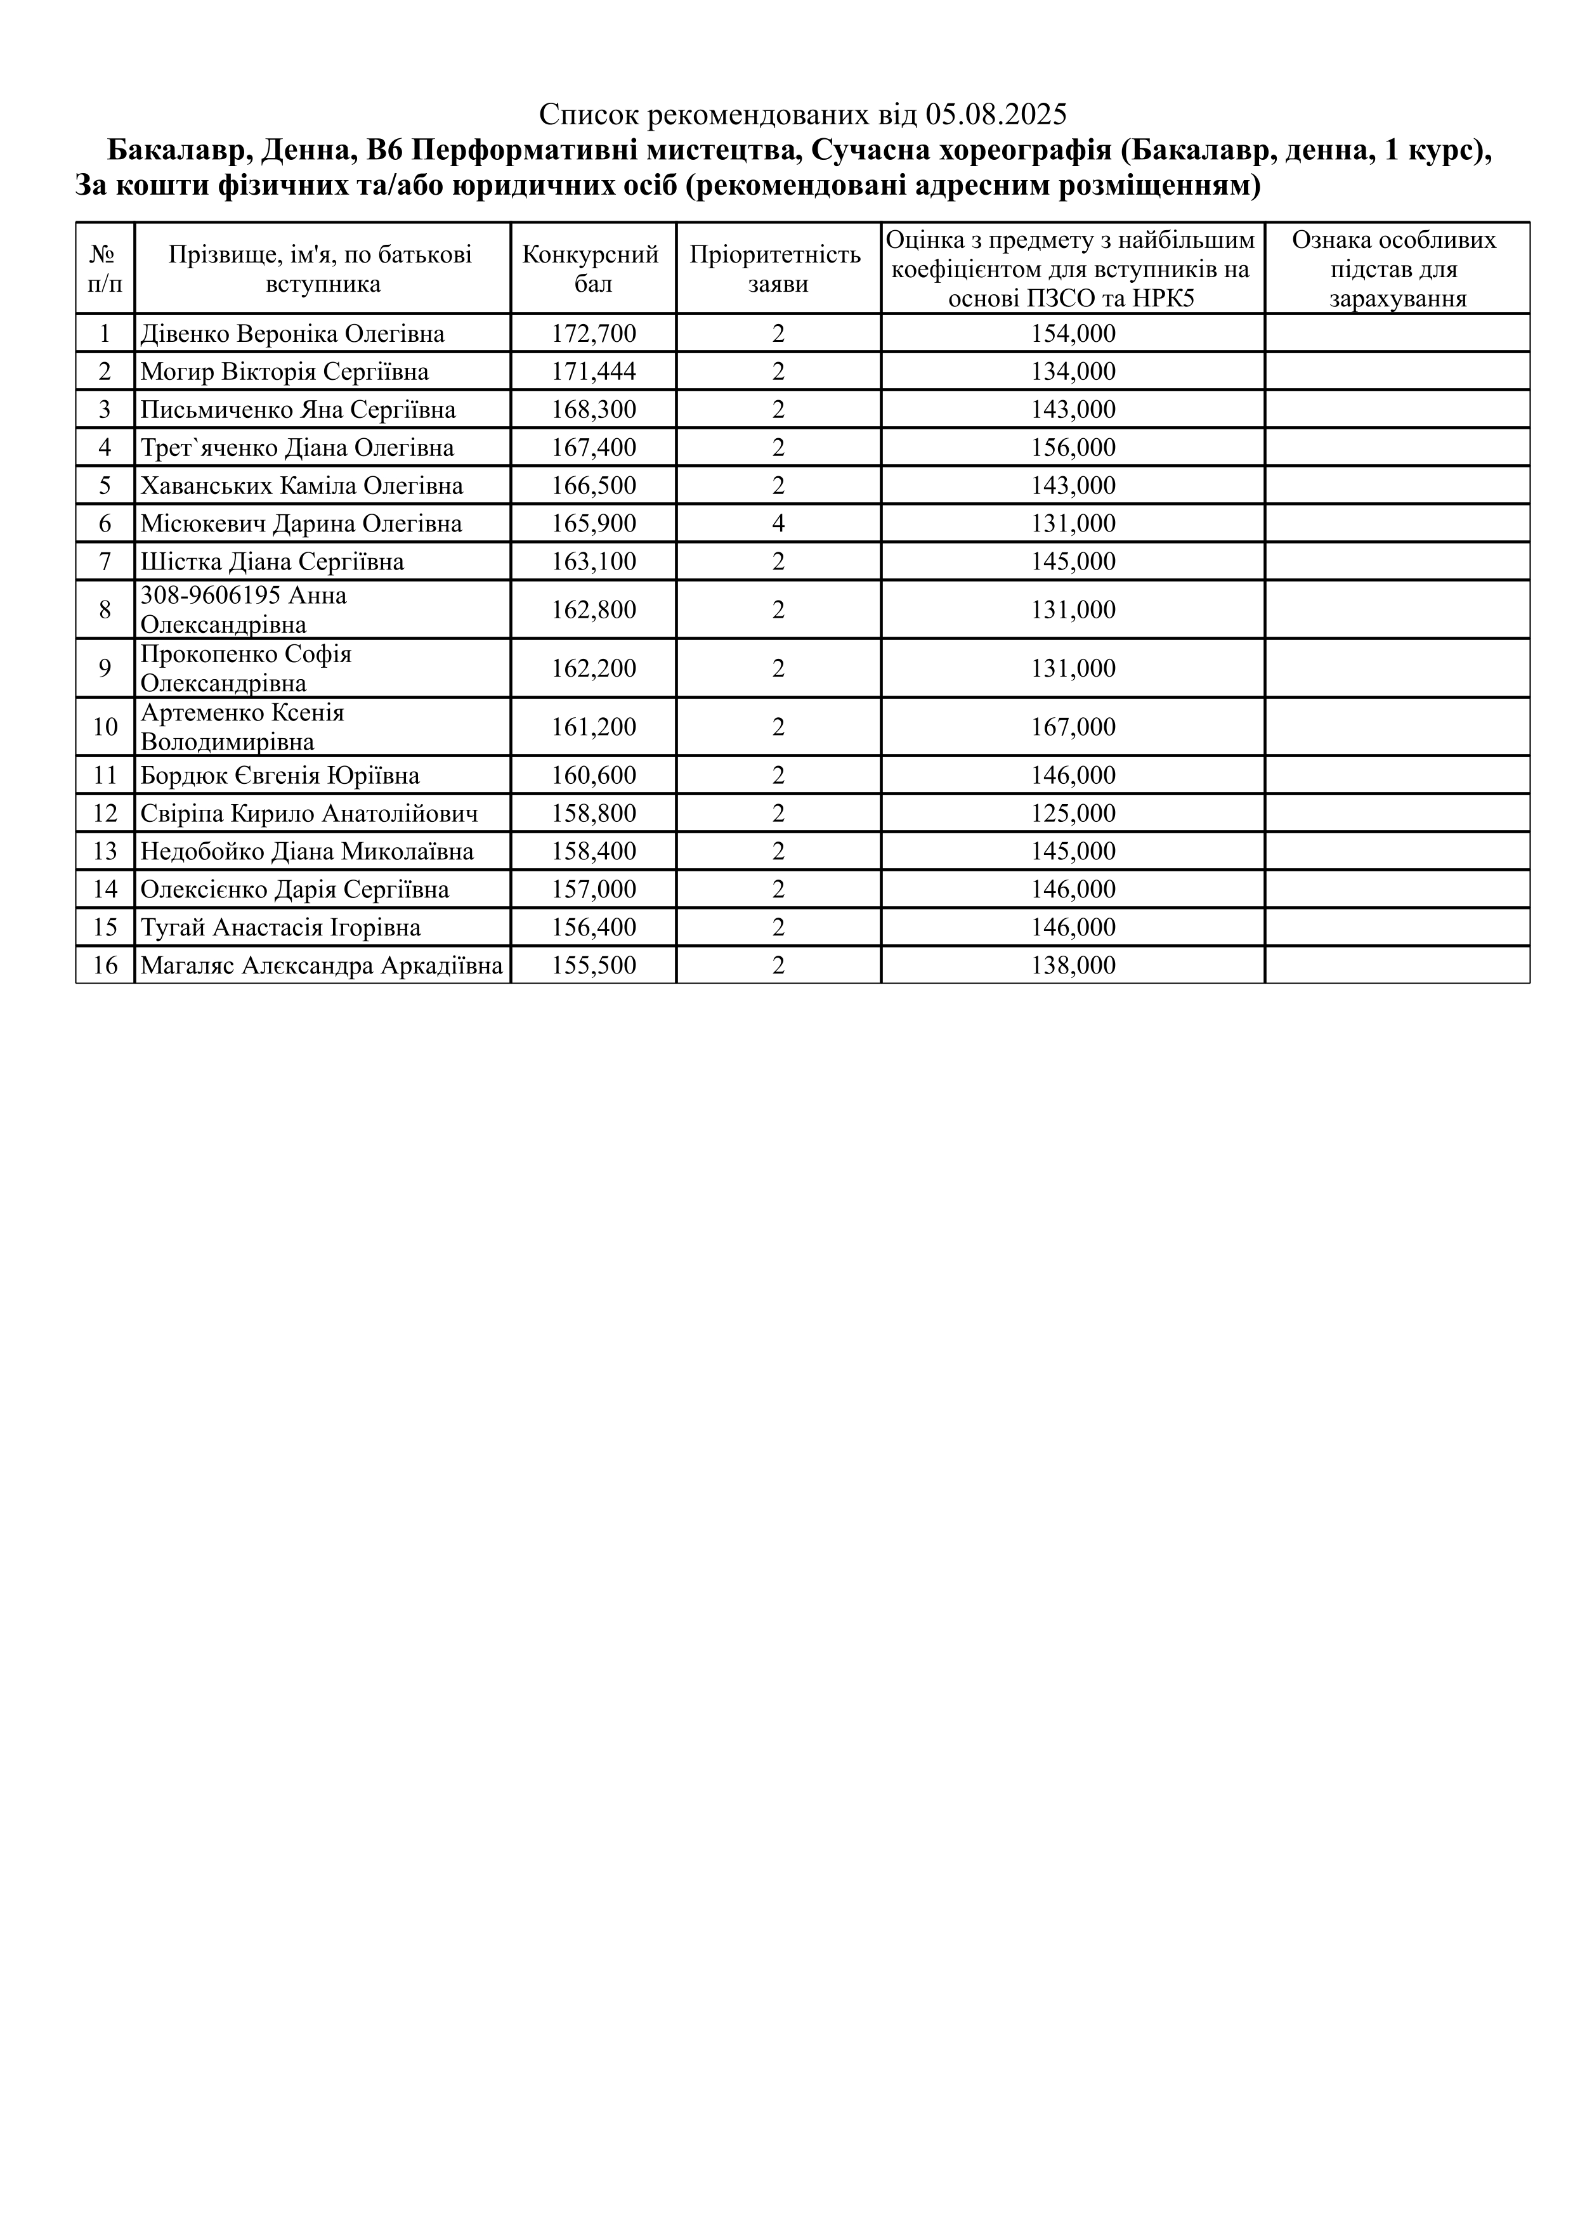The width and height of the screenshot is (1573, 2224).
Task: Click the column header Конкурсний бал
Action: (x=593, y=268)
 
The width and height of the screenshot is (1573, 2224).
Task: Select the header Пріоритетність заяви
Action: (x=778, y=268)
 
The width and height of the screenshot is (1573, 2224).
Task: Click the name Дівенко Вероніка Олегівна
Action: (x=292, y=334)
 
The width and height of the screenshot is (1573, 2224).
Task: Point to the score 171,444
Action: (x=594, y=372)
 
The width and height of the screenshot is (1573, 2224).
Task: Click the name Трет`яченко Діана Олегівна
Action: (x=297, y=448)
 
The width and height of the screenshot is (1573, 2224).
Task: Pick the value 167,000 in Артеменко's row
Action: (x=1073, y=727)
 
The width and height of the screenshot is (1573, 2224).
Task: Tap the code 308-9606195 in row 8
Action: (x=198, y=595)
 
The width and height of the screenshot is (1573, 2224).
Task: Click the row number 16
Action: (x=105, y=966)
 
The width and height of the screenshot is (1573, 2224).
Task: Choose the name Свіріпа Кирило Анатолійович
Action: (x=309, y=814)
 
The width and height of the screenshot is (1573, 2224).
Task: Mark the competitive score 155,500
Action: (x=594, y=966)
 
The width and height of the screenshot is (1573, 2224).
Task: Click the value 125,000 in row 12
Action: (x=1073, y=814)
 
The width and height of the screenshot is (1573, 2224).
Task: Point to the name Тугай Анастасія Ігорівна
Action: (x=281, y=928)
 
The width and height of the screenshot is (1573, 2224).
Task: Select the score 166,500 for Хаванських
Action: (x=594, y=485)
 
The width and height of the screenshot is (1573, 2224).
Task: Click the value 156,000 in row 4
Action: (x=1073, y=448)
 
